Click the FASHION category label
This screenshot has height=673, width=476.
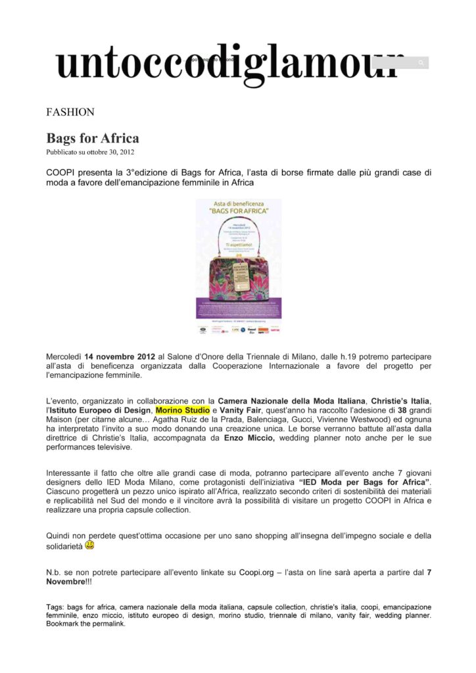coord(70,112)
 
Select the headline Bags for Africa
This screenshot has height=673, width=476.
coord(92,138)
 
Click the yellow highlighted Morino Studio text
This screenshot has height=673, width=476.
coord(183,410)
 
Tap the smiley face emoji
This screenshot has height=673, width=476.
coord(89,545)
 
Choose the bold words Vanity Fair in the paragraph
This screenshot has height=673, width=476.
coord(243,410)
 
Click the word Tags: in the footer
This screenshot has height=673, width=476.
coord(55,607)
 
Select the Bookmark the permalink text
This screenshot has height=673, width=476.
coord(85,624)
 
